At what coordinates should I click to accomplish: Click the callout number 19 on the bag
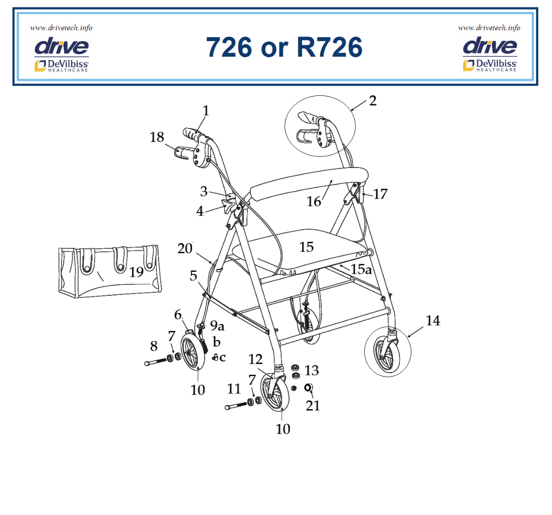click(x=136, y=272)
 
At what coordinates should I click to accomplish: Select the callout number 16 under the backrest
click(x=314, y=201)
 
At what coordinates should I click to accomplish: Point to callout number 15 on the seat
click(x=306, y=247)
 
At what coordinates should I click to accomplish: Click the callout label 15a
click(x=361, y=269)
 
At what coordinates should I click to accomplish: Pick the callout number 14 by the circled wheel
click(x=433, y=320)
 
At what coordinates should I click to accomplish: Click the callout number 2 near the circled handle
click(x=372, y=101)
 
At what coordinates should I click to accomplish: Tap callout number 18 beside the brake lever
click(x=157, y=137)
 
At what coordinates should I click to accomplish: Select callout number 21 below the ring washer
click(x=313, y=405)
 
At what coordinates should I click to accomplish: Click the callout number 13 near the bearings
click(x=312, y=371)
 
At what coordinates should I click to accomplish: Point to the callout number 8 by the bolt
click(x=154, y=346)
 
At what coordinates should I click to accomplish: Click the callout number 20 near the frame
click(x=185, y=248)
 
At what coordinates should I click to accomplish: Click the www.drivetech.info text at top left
click(x=61, y=28)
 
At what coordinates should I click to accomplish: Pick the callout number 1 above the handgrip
click(x=205, y=110)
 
